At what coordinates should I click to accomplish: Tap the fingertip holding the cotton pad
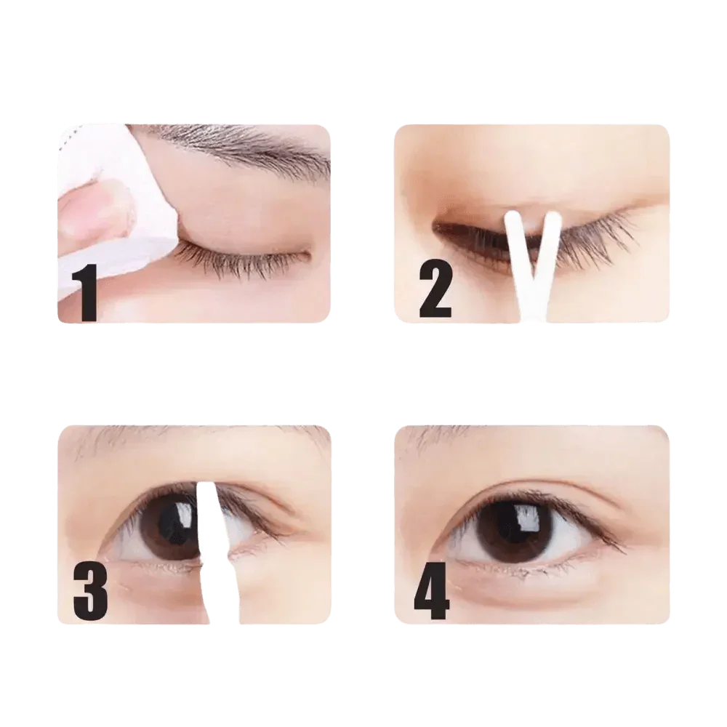pos(87,211)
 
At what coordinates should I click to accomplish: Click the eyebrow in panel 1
pos(240,142)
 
